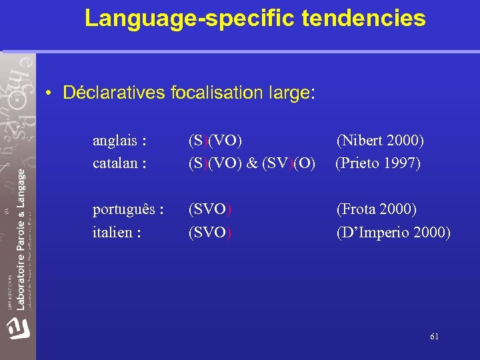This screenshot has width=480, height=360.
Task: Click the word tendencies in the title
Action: coord(363,19)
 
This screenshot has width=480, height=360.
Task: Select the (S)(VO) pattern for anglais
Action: coord(215,141)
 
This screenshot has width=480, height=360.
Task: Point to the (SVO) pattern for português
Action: coord(210,209)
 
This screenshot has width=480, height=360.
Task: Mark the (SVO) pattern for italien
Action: coord(210,233)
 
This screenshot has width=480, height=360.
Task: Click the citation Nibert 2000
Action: coord(380,141)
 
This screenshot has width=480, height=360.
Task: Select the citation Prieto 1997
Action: coord(378,163)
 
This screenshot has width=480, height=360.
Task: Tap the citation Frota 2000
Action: coord(377,209)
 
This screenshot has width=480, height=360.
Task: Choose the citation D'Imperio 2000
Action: coord(393,233)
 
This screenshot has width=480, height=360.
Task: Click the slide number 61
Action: coord(434,337)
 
